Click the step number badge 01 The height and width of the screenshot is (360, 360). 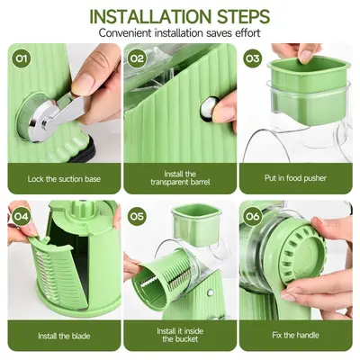click(22, 58)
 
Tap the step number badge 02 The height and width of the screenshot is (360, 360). click(137, 58)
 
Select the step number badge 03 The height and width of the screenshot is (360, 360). click(252, 58)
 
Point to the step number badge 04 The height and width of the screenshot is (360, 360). click(22, 216)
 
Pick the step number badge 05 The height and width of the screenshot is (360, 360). click(137, 216)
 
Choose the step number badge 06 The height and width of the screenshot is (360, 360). click(252, 216)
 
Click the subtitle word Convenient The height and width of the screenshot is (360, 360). click(125, 32)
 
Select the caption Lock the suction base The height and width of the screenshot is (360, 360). click(64, 179)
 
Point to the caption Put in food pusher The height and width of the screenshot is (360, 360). click(295, 178)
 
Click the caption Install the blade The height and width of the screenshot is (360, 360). click(64, 336)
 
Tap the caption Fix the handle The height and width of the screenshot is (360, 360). click(295, 335)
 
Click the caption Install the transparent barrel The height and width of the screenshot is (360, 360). click(180, 178)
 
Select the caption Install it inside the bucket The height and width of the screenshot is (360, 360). click(180, 335)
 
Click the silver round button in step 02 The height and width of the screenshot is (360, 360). click(210, 108)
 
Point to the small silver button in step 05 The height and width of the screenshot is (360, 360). click(211, 292)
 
